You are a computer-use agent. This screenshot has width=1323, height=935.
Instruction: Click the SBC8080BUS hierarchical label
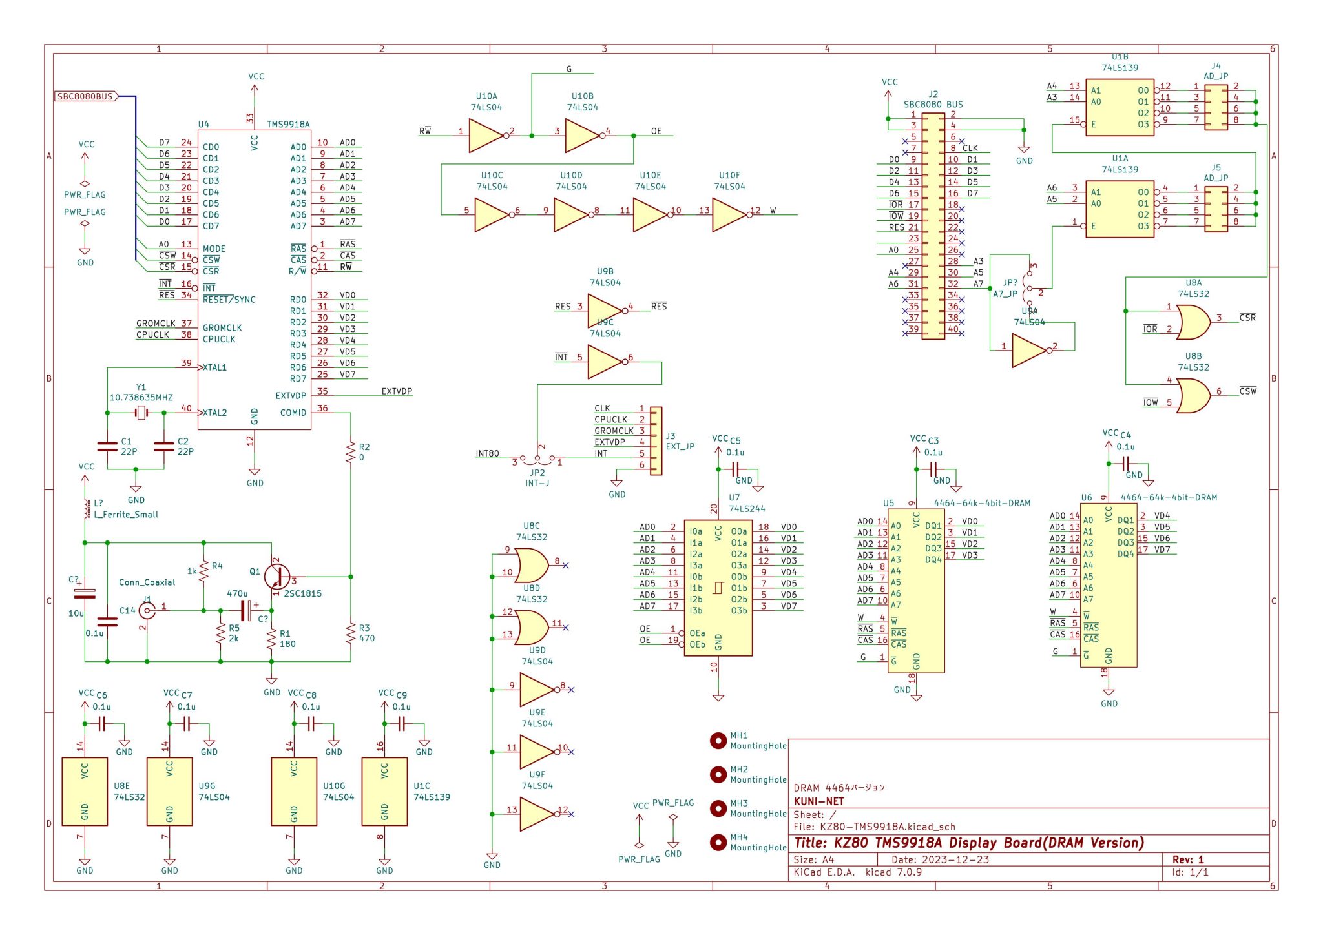coord(86,97)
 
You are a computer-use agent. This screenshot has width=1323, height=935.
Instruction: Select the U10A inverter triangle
coord(484,136)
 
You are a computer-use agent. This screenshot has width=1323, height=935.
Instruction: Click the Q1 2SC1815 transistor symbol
coord(278,577)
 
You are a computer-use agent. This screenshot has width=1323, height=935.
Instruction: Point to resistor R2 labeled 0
coord(351,452)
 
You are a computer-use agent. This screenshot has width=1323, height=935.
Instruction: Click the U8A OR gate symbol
coord(1193,322)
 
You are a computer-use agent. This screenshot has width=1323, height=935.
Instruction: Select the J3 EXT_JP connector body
coord(656,441)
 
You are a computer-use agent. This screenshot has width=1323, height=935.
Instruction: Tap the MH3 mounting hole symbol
coord(718,808)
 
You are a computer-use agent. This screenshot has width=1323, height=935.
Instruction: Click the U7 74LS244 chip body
coord(718,588)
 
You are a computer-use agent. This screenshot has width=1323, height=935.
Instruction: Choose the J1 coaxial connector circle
coord(147,610)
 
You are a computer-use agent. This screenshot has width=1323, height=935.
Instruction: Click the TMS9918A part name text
coord(288,124)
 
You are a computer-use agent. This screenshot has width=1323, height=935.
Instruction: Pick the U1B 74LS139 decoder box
coord(1120,107)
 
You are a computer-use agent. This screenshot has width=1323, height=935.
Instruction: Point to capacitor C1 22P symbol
coord(107,446)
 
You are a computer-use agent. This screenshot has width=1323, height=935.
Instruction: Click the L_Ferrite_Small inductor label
coord(126,515)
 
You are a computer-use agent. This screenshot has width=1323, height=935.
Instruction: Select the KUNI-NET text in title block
coord(818,801)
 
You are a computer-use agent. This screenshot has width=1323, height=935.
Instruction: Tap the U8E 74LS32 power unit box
coord(85,792)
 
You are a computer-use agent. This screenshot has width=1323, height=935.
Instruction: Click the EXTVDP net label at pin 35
coord(396,391)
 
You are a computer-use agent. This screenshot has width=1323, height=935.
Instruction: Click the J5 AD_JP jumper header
coord(1216,209)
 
